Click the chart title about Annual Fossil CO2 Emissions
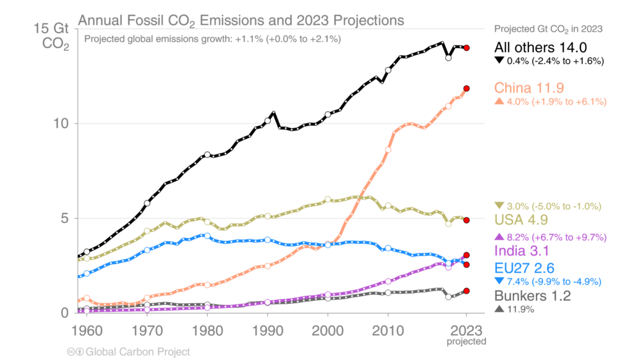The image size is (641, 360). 241,21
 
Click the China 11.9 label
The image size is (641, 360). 529,88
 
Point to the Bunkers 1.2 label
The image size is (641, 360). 532,296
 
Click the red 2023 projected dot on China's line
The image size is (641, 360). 467,88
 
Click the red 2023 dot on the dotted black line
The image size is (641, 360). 467,47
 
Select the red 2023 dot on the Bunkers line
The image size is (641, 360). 467,291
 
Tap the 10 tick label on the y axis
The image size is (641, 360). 65,123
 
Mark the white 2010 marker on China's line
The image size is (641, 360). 388,149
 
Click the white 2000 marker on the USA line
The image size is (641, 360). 328,199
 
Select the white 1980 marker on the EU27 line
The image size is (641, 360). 207,235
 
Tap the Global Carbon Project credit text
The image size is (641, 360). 138,352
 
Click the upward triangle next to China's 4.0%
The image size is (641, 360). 499,102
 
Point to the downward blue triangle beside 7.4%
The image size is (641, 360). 499,281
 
